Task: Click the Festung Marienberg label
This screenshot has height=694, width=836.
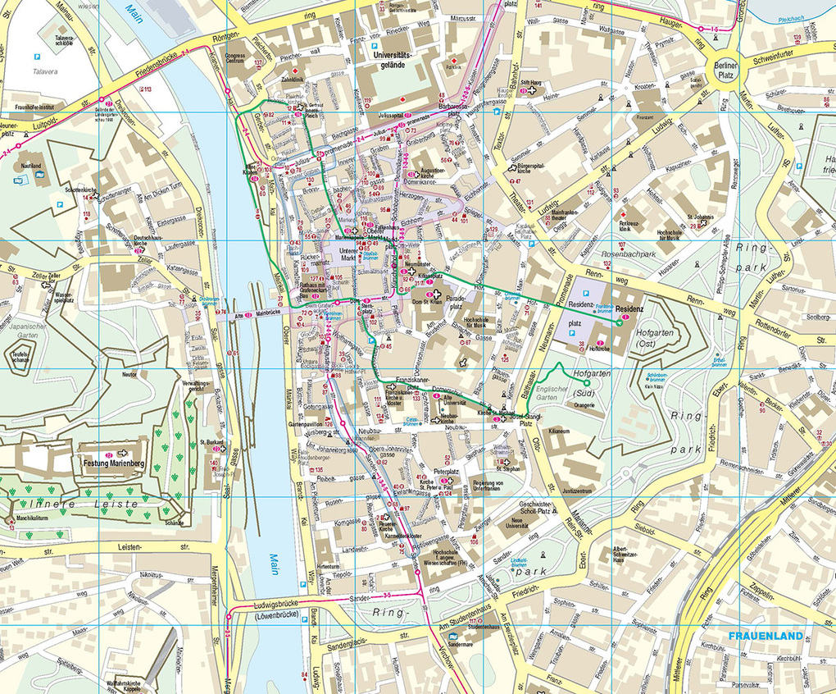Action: click(x=113, y=463)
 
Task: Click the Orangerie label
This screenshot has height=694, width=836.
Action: click(x=584, y=404)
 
